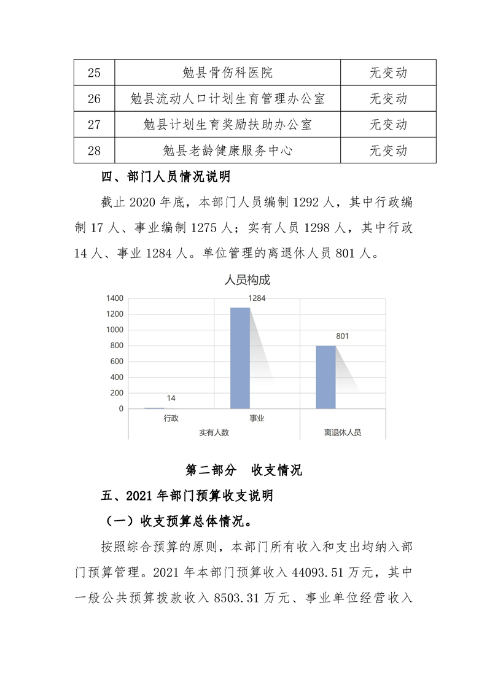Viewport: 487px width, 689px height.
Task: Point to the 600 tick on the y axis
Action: click(117, 362)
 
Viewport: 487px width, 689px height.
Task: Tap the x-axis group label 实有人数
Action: click(214, 432)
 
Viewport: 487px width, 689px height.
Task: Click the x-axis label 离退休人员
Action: click(343, 432)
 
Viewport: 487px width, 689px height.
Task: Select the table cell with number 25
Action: click(94, 72)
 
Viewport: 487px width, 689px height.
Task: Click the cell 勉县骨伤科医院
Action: click(227, 72)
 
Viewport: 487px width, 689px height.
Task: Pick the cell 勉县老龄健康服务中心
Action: click(227, 150)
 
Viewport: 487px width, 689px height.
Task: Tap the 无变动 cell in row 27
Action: click(388, 125)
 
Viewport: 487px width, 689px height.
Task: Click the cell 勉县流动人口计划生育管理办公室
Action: click(227, 98)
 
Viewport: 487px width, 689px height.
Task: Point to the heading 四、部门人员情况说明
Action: click(165, 178)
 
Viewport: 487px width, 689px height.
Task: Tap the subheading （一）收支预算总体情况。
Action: click(179, 521)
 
